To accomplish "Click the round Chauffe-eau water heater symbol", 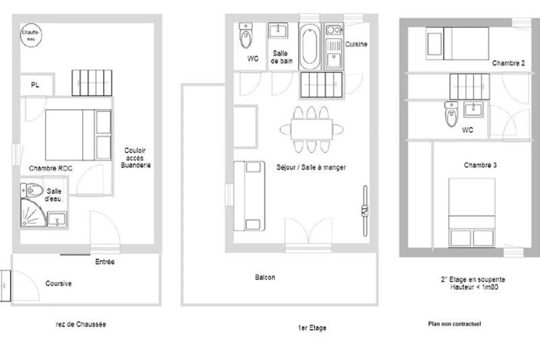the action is (x=31, y=35).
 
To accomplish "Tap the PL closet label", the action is (x=35, y=85).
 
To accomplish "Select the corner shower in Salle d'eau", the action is (x=33, y=213).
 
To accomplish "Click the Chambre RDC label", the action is (x=50, y=168).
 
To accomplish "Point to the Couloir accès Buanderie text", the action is (x=135, y=158).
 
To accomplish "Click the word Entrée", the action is (x=105, y=261).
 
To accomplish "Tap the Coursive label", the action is (x=58, y=283).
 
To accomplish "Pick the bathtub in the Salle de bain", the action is (x=310, y=46).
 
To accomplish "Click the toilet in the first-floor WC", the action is (x=246, y=35).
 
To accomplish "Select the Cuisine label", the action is (x=356, y=44).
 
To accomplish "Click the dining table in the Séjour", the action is (x=312, y=130).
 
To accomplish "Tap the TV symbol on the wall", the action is (x=365, y=211).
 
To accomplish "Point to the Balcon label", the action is (x=265, y=277).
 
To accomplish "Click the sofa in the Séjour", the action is (x=249, y=196).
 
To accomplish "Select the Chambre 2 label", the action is (x=508, y=63).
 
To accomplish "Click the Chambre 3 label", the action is (x=480, y=165).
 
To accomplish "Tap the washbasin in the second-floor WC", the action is (x=473, y=109).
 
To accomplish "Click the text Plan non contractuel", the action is (x=454, y=324).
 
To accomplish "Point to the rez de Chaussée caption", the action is (x=81, y=324).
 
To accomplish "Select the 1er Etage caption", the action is (x=312, y=328).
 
